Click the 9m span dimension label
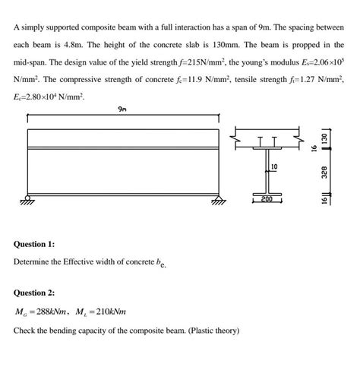(x=123, y=110)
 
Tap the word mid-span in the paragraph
(x=33, y=62)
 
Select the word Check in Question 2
(x=25, y=331)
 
